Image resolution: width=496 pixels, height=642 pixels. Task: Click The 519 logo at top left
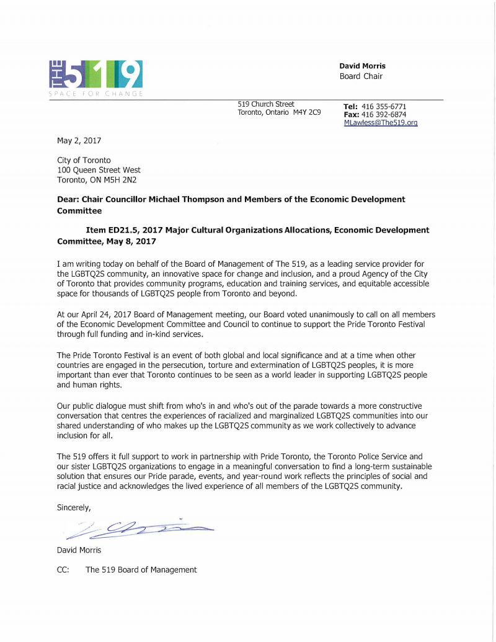tap(96, 74)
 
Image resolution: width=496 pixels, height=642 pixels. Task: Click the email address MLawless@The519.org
tap(380, 123)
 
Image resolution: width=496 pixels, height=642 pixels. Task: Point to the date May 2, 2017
tap(79, 140)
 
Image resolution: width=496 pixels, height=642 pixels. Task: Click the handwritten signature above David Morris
tap(136, 528)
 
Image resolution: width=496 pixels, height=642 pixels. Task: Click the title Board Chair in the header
tap(361, 76)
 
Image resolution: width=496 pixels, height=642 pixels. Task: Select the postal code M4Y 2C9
tap(307, 112)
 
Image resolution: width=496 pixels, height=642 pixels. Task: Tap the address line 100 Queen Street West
tap(99, 170)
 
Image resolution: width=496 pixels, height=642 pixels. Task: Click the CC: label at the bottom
tap(64, 569)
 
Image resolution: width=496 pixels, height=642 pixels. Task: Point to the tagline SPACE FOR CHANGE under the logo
tap(96, 94)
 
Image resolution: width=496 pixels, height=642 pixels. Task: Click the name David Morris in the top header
tap(362, 66)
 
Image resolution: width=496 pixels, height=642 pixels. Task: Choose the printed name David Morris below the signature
tap(79, 550)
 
